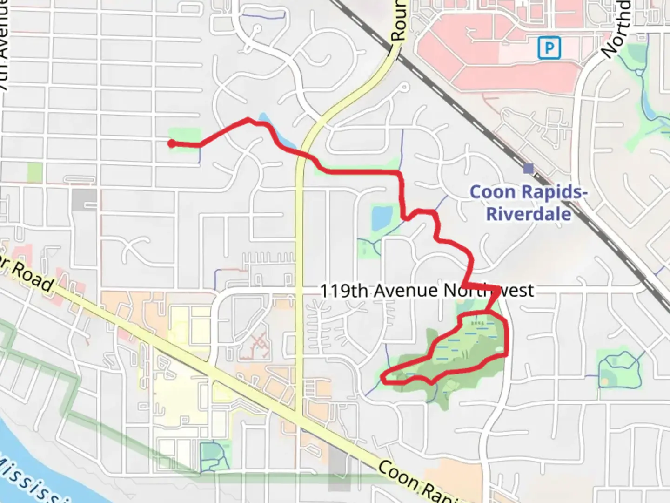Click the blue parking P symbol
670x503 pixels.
point(549,48)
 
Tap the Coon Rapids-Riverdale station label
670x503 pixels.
point(529,203)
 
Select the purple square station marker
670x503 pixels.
point(528,168)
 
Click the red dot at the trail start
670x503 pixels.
point(172,143)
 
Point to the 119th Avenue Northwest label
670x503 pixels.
point(427,291)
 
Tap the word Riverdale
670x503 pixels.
point(529,214)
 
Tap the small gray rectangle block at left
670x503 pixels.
point(84,199)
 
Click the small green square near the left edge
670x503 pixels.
point(34,172)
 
